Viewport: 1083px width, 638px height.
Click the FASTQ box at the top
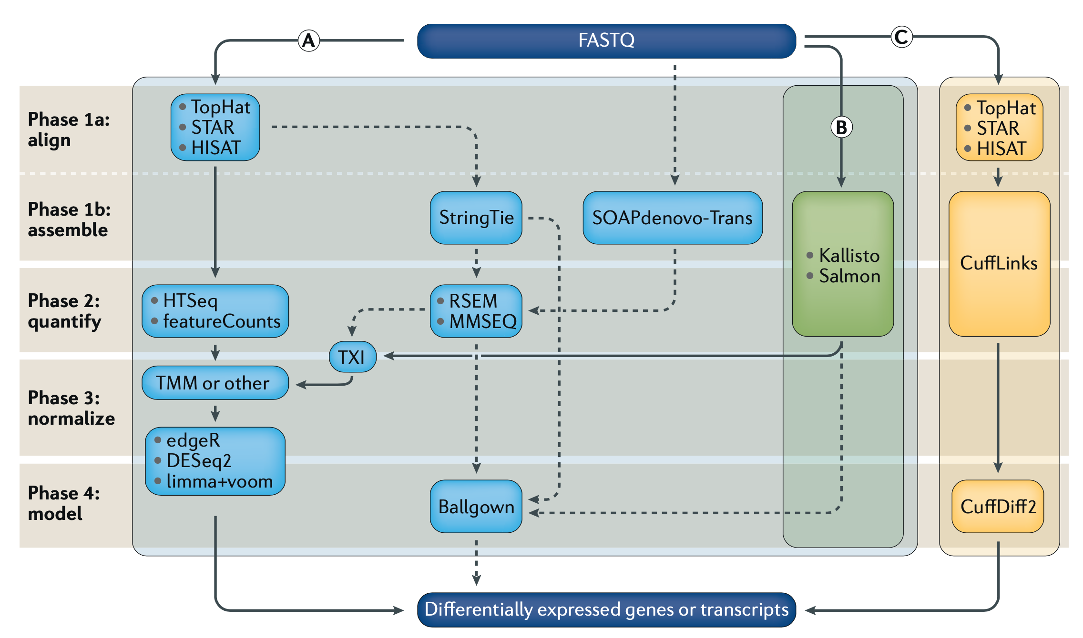(606, 41)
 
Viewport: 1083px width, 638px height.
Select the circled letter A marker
(309, 40)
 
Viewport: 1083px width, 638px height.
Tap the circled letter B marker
(841, 128)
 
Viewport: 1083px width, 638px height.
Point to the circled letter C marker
(901, 37)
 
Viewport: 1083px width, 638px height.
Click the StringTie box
(476, 218)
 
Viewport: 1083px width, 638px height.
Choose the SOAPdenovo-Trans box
(672, 218)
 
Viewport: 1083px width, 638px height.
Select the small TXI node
(352, 357)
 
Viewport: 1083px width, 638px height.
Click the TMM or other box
(215, 383)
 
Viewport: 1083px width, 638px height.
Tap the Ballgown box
(476, 507)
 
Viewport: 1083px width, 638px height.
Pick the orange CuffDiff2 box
(998, 507)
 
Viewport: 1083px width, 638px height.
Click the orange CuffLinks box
(999, 263)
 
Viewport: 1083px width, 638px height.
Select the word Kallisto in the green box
(849, 256)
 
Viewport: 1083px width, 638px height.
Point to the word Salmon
(849, 277)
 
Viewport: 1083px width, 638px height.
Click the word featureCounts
(222, 322)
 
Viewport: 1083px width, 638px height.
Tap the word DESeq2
(199, 461)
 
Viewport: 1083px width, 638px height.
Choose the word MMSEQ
(483, 322)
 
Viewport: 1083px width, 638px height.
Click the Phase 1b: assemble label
(69, 219)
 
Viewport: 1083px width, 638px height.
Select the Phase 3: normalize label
(71, 408)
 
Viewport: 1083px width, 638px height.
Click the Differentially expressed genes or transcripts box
(606, 610)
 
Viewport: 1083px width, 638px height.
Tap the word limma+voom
(219, 482)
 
